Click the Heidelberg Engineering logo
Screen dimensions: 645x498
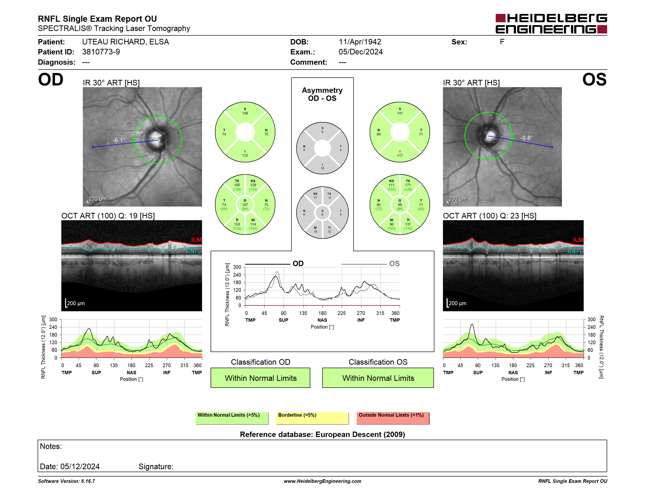coord(551,24)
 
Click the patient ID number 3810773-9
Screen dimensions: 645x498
coord(101,52)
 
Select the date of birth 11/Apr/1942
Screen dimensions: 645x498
coord(360,42)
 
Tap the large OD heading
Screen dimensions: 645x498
coord(51,79)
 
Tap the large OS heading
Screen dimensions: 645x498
coord(594,79)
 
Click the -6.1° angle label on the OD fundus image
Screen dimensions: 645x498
coord(119,140)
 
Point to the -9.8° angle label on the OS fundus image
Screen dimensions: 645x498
coord(526,138)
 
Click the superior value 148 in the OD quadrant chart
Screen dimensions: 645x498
coord(245,113)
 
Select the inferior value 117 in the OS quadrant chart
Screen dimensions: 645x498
coord(400,156)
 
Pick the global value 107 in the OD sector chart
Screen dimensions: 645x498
coord(245,205)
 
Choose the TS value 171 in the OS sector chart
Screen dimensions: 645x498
coord(408,185)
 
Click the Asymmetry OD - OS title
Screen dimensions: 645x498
coord(322,94)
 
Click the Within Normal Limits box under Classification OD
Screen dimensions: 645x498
coord(260,378)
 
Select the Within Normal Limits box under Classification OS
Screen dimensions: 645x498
coord(378,378)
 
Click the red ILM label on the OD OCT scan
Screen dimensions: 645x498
coord(196,239)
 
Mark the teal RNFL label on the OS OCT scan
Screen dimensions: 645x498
coord(576,252)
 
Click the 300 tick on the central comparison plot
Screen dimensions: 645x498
coord(237,267)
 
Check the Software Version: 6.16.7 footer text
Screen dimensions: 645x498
coord(66,481)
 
